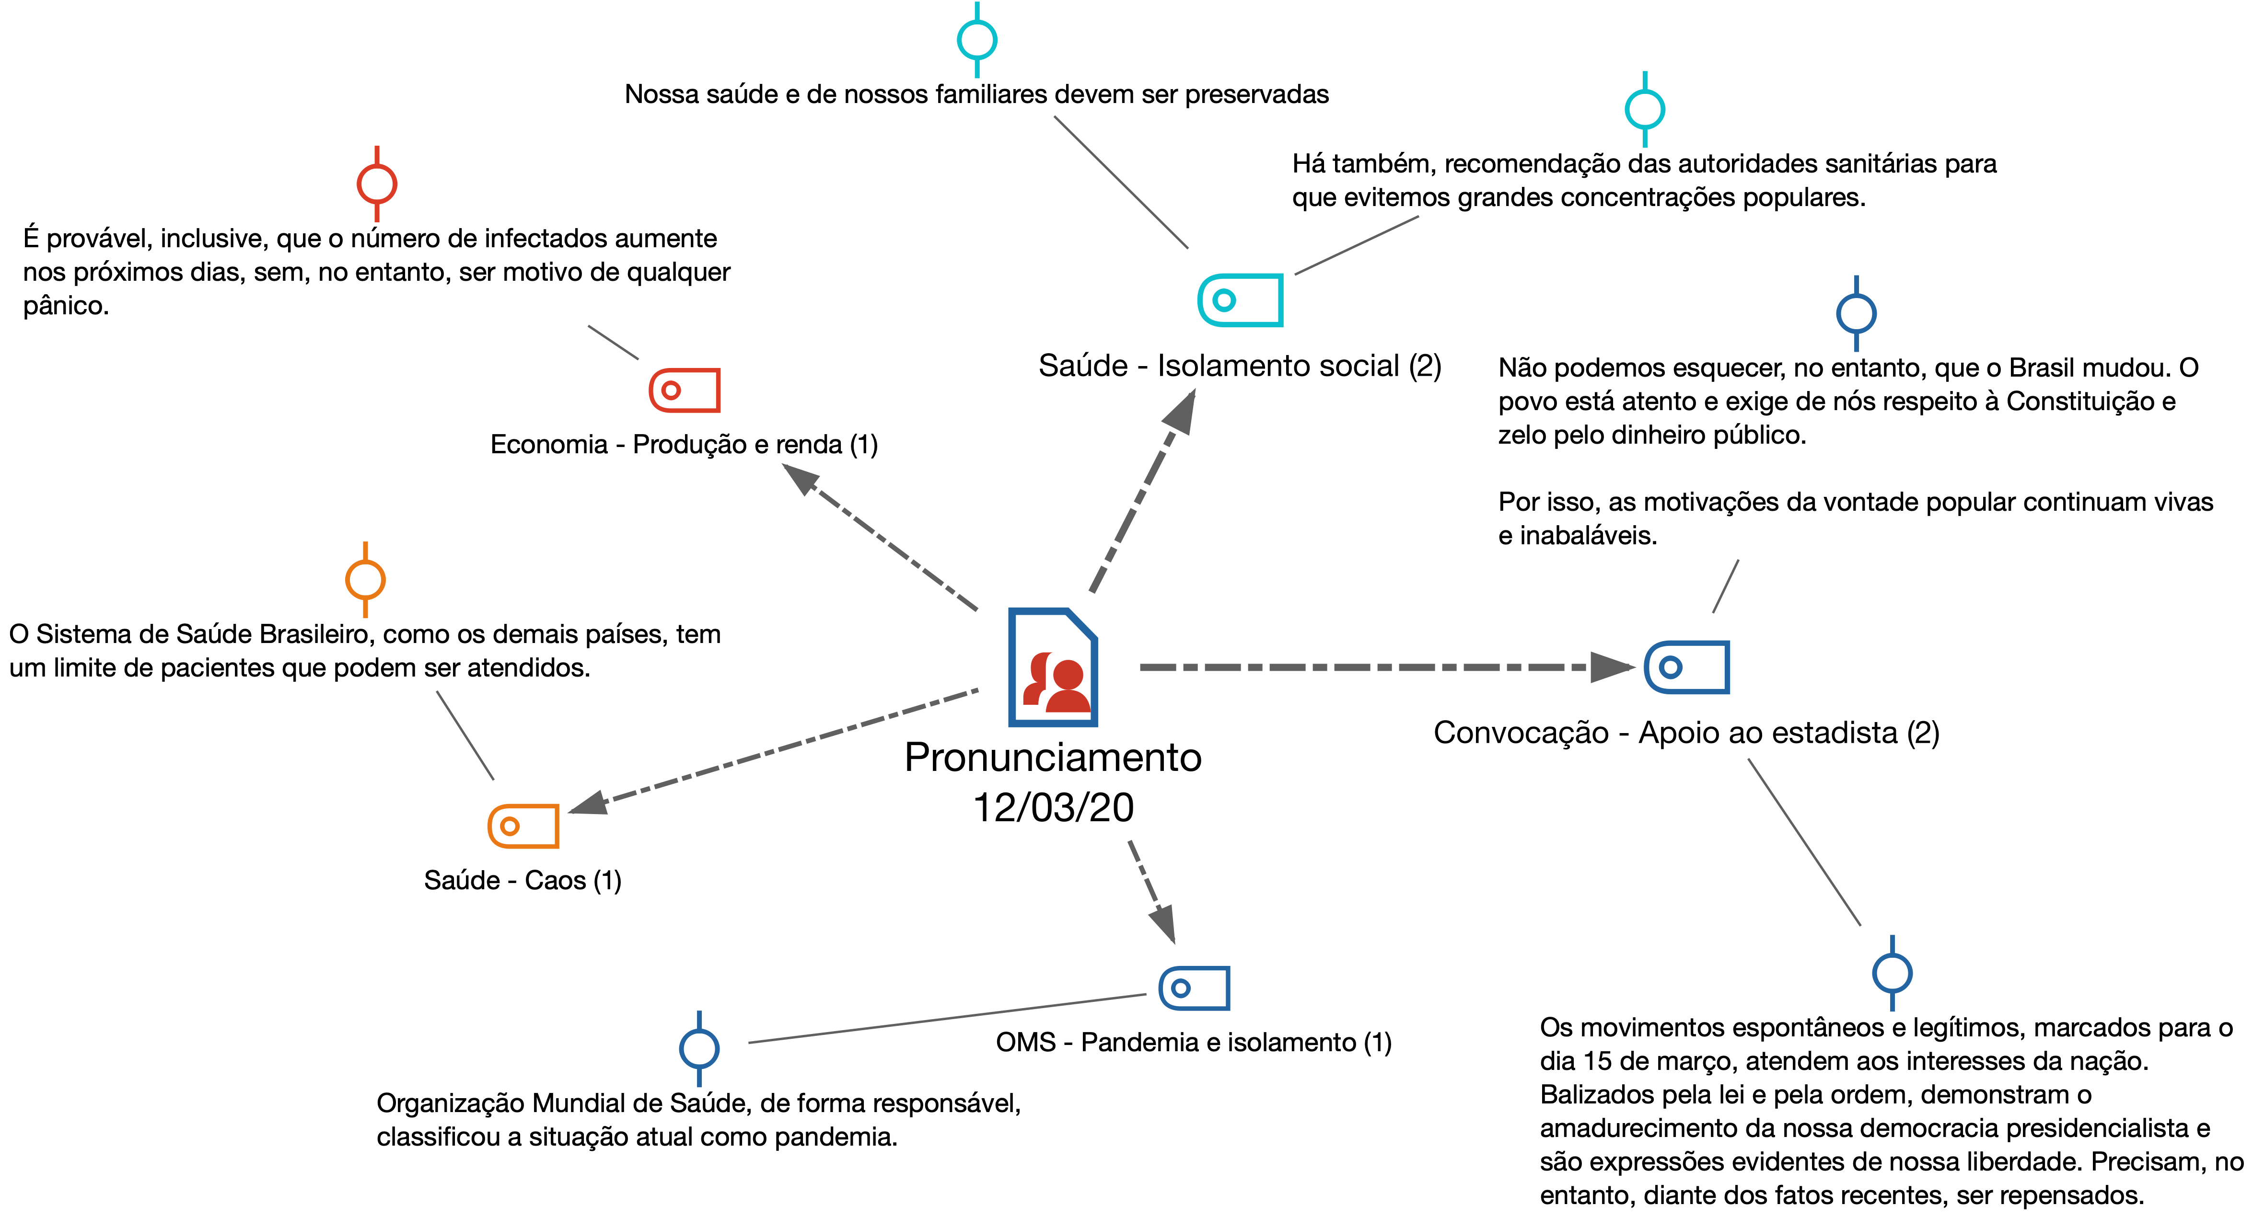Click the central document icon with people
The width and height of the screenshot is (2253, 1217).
coord(1053,667)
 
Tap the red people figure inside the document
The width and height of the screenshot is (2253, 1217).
coord(1058,684)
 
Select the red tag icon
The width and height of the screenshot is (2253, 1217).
coord(685,390)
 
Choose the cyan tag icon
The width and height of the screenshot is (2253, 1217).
coord(1240,300)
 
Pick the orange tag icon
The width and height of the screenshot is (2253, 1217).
coord(523,826)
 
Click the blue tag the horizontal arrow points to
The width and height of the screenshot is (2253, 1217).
coord(1687,667)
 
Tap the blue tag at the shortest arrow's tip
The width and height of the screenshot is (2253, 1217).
coord(1195,988)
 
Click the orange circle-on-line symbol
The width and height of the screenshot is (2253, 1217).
coord(366,580)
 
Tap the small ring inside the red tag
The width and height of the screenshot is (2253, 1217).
coord(671,390)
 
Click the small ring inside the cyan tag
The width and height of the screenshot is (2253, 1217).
coord(1224,300)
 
